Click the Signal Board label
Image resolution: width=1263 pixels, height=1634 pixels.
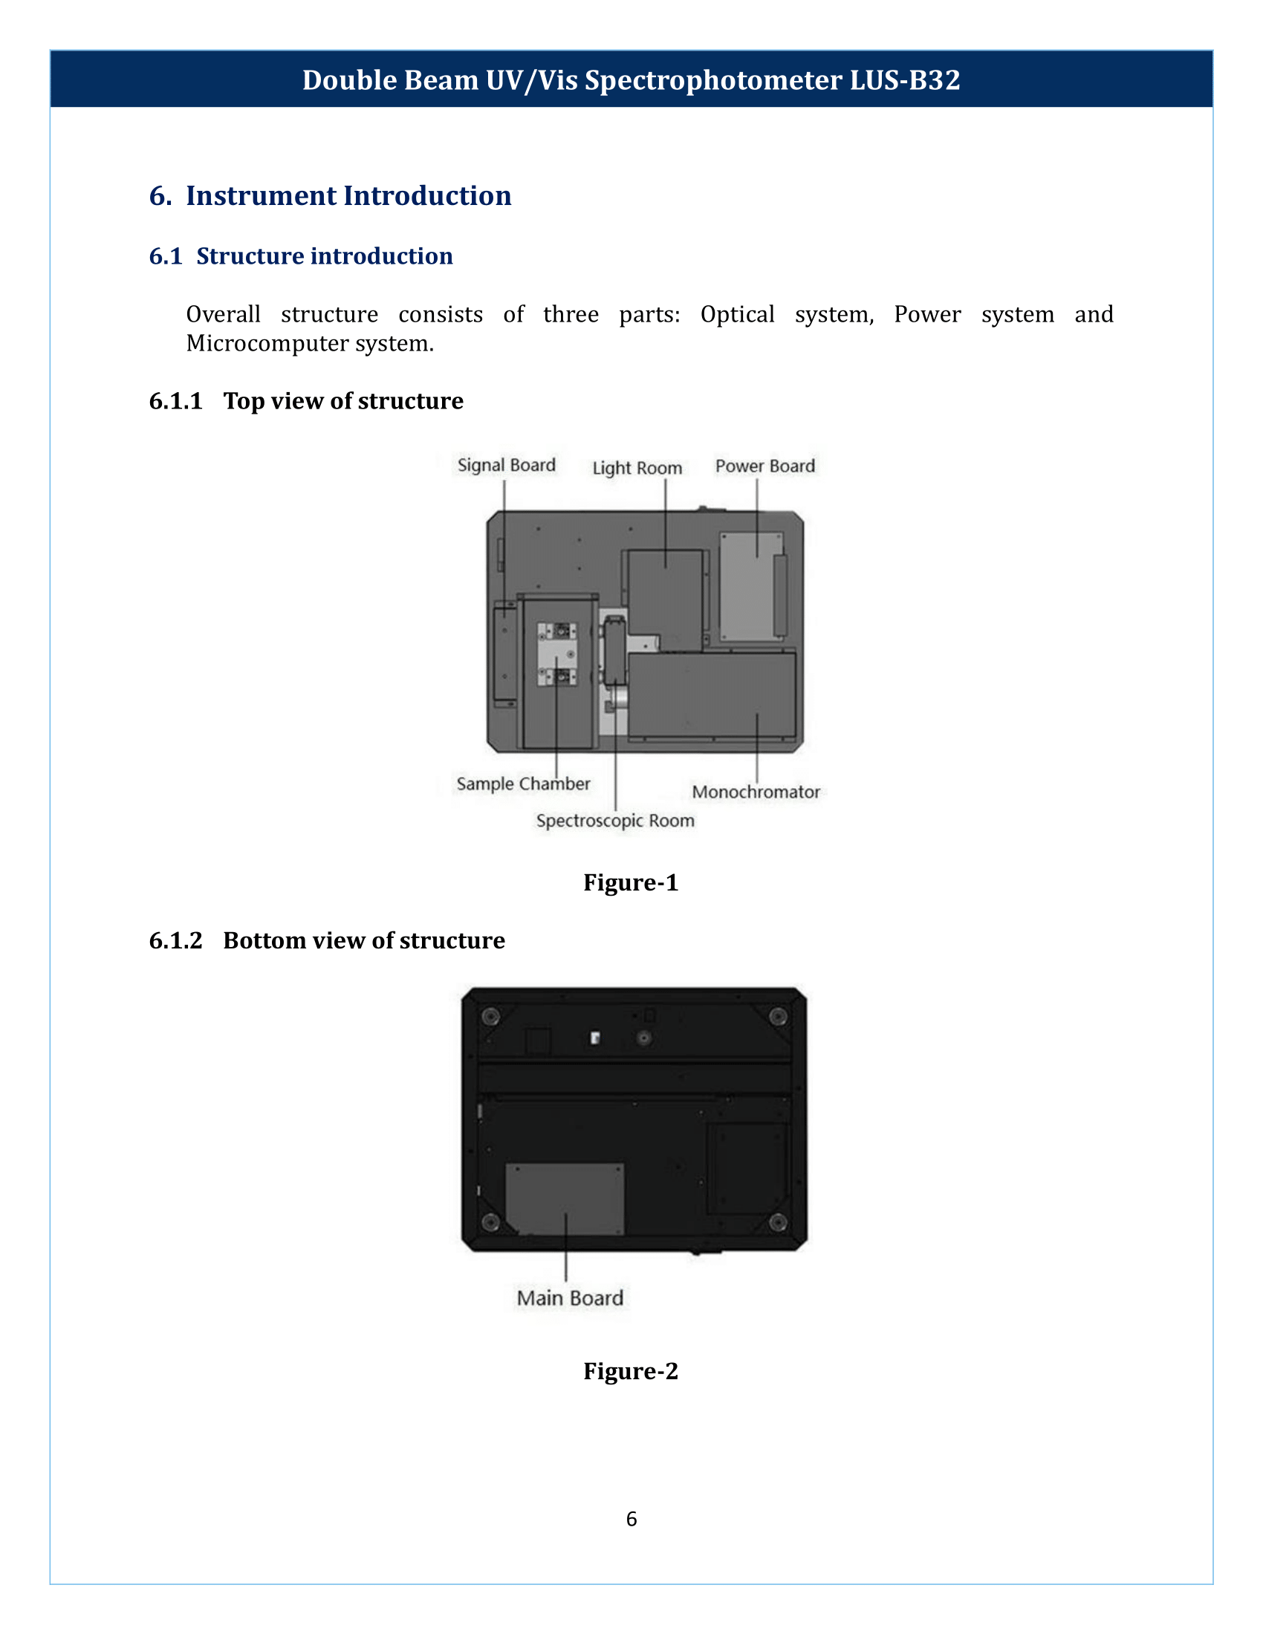(x=507, y=465)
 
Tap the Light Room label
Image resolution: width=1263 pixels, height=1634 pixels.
(x=637, y=468)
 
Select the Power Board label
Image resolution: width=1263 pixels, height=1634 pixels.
(x=764, y=466)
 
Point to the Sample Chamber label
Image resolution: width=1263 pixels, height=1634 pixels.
(x=523, y=784)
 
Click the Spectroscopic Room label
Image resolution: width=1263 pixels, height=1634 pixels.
(x=615, y=820)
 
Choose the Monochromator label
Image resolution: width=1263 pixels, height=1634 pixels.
(x=756, y=792)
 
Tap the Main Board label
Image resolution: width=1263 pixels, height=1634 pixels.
(x=570, y=1298)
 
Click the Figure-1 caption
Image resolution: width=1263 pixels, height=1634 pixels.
(x=631, y=882)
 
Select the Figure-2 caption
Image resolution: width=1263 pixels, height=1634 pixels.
(x=631, y=1370)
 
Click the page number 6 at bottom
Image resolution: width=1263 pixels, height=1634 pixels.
(x=631, y=1519)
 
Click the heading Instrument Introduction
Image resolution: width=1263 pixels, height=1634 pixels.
(x=348, y=195)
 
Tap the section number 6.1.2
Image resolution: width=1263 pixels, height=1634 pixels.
(x=176, y=940)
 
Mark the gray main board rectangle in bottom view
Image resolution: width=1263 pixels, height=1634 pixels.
(x=565, y=1197)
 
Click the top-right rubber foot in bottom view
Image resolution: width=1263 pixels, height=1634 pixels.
(x=778, y=1016)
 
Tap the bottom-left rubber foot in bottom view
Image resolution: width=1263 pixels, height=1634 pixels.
(x=490, y=1223)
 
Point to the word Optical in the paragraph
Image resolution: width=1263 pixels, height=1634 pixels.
(x=737, y=314)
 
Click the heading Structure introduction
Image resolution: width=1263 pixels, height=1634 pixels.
(x=324, y=256)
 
